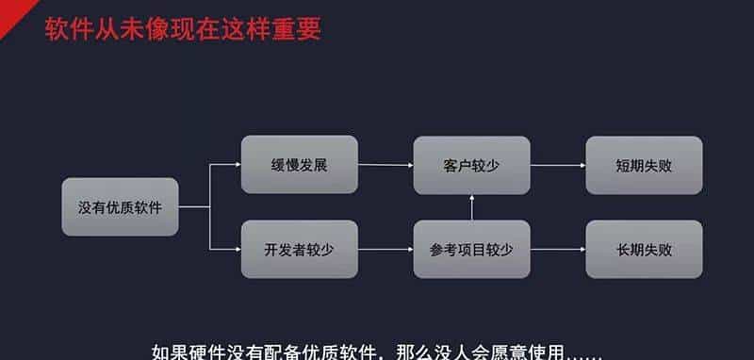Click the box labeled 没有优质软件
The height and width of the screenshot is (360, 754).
click(120, 206)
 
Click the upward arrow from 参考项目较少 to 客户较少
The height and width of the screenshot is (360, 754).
click(471, 207)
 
